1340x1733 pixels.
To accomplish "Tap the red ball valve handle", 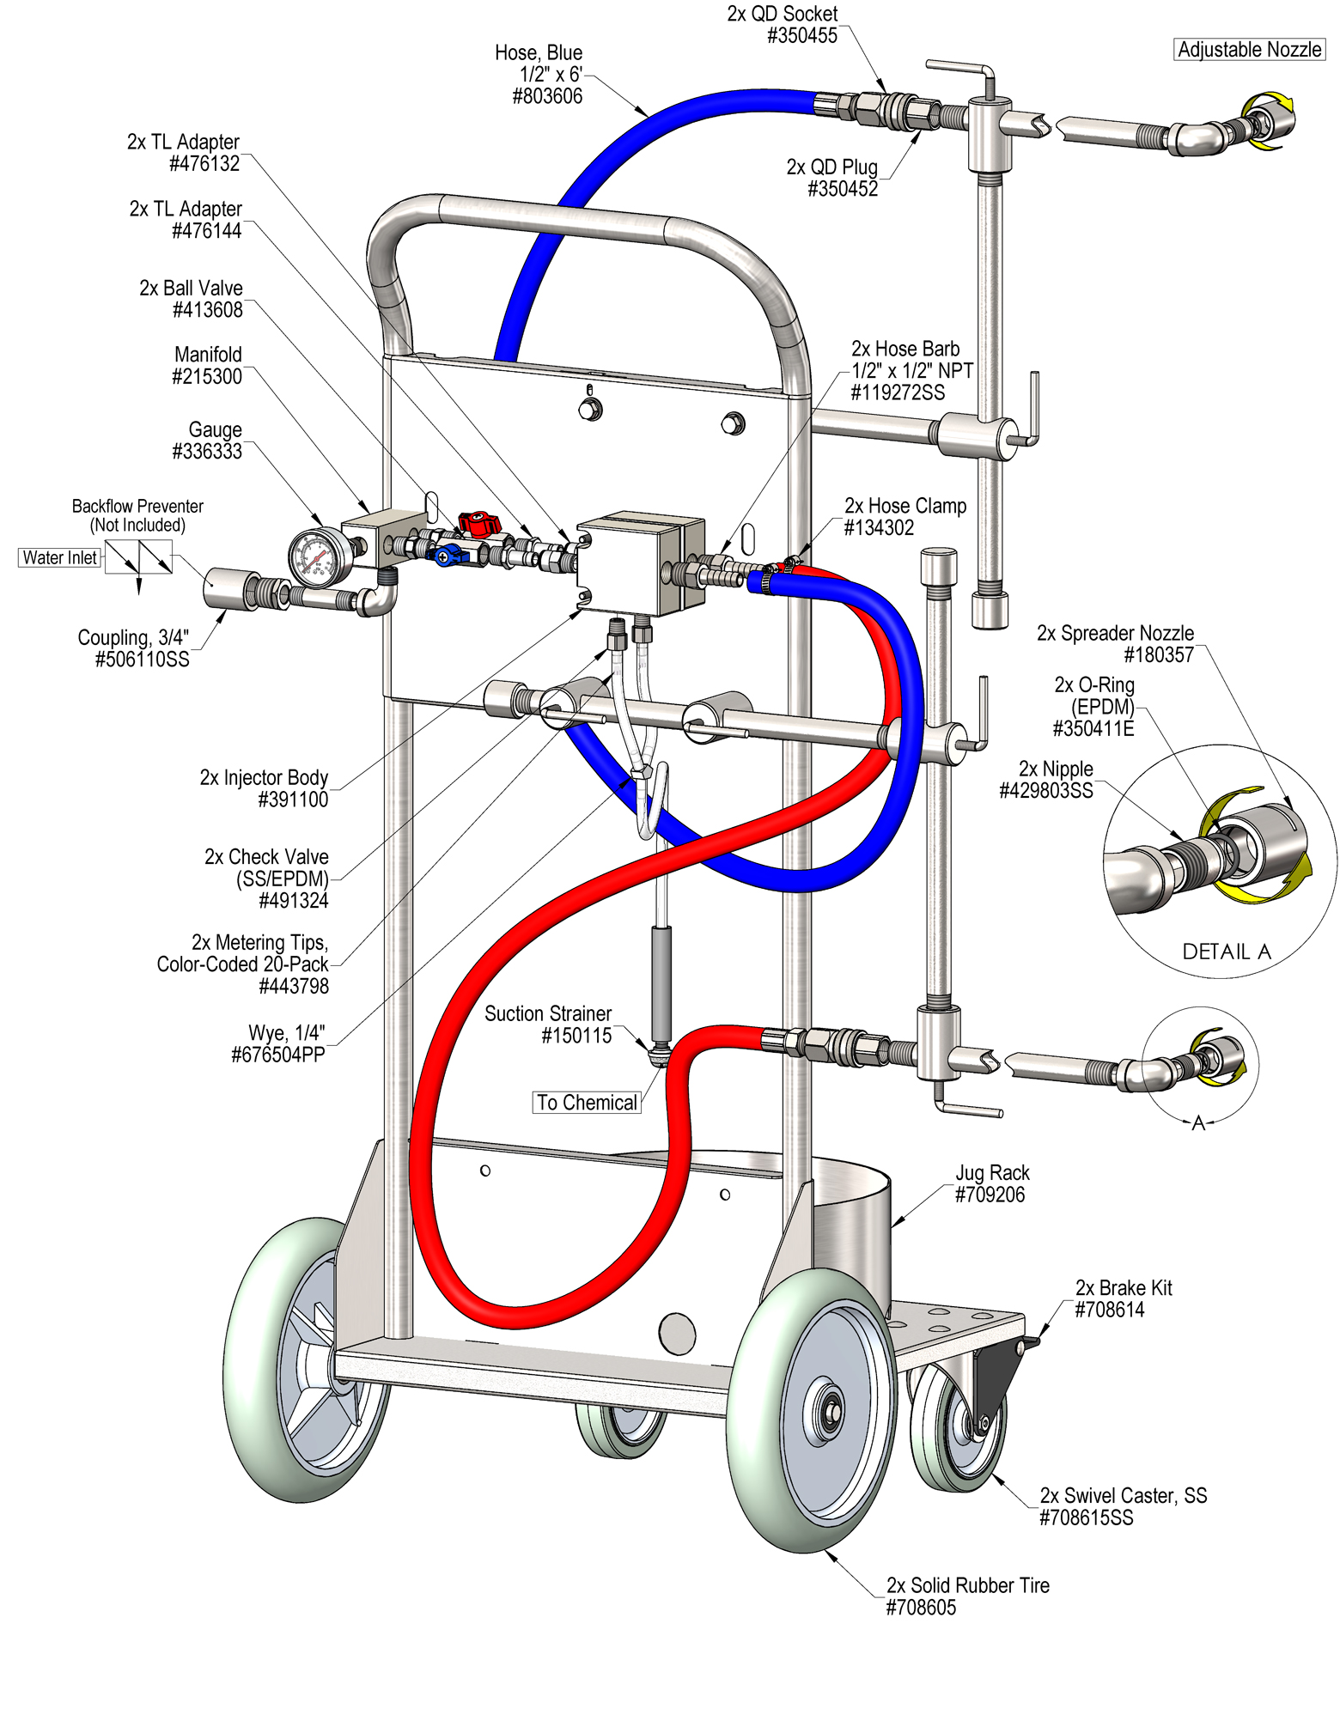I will (478, 521).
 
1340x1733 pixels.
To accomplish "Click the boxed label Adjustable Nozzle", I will (1249, 50).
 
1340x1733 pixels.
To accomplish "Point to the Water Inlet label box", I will (60, 558).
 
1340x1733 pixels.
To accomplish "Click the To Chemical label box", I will (588, 1103).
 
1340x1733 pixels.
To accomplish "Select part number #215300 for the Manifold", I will (207, 377).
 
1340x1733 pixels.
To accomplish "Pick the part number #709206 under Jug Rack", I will (990, 1195).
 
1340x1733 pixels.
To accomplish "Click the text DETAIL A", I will (1226, 952).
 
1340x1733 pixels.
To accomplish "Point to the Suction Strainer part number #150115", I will (576, 1036).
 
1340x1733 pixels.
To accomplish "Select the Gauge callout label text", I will (215, 429).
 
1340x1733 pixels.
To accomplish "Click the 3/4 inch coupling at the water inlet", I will (225, 589).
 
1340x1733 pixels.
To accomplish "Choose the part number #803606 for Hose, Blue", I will (547, 96).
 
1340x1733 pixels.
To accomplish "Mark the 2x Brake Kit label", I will (1124, 1287).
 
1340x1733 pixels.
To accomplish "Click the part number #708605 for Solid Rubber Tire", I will (921, 1608).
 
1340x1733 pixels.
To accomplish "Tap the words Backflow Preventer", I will (137, 506).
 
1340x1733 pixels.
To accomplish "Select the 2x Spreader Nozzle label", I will (1115, 633).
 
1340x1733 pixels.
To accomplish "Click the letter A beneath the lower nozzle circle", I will (1198, 1123).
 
